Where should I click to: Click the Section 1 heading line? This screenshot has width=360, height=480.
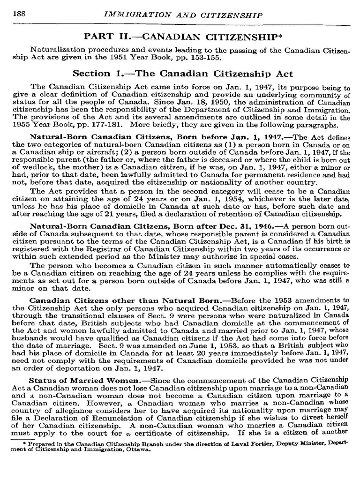pos(183,74)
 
